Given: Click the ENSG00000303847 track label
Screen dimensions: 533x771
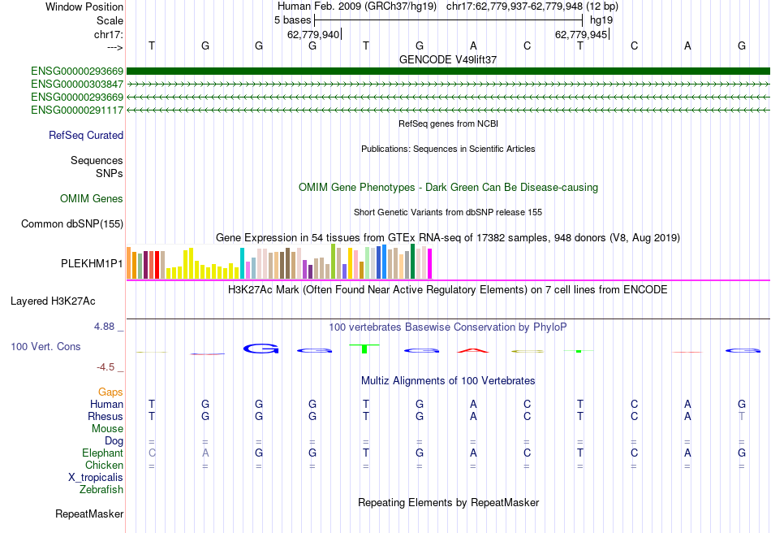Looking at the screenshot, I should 77,84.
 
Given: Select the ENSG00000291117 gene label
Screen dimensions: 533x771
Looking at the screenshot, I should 77,110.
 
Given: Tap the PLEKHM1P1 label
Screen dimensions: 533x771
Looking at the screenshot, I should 92,264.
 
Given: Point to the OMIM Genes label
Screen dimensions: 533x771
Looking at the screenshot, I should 92,199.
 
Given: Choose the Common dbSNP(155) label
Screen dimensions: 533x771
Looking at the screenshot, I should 72,223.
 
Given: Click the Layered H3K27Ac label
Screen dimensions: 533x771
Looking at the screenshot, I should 53,301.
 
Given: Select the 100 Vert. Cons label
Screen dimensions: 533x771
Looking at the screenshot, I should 45,347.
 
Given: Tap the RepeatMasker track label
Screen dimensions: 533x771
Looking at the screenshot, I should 89,514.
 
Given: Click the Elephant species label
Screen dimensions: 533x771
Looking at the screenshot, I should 102,453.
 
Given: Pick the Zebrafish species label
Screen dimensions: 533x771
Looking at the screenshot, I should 101,490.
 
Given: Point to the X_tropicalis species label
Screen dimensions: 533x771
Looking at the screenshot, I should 96,478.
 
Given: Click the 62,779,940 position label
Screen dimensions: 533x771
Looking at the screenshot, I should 313,35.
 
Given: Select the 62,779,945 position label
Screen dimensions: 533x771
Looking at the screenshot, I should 580,35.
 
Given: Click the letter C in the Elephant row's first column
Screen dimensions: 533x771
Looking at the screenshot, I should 151,453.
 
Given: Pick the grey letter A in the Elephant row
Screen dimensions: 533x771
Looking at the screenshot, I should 205,453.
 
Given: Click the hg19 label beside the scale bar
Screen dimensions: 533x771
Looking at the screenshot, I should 601,19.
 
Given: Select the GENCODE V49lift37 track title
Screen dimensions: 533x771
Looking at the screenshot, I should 448,60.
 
